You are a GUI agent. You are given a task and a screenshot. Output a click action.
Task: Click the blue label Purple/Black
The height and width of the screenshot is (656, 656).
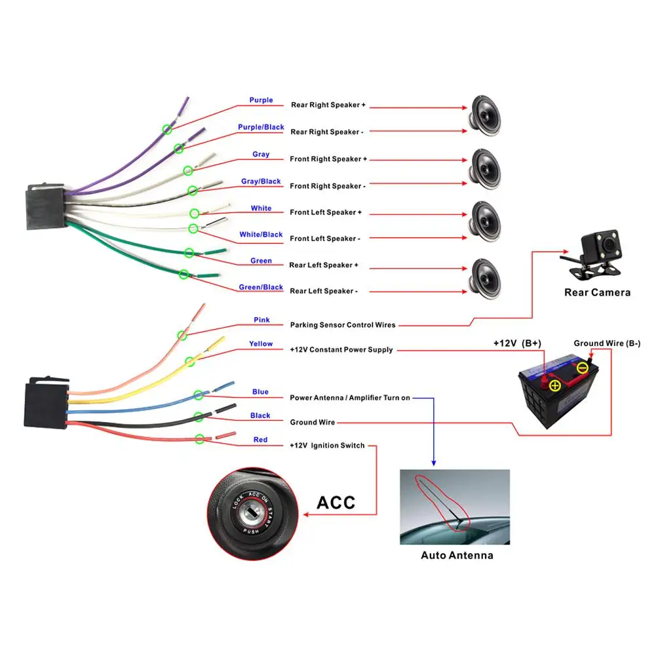pyautogui.click(x=261, y=127)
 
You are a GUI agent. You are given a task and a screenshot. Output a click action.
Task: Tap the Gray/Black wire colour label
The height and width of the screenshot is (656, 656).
pyautogui.click(x=261, y=182)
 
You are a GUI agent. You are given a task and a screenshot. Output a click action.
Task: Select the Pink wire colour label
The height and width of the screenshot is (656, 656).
pyautogui.click(x=261, y=320)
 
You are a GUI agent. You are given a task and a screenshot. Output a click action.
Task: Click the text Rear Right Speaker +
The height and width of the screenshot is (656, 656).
pyautogui.click(x=328, y=105)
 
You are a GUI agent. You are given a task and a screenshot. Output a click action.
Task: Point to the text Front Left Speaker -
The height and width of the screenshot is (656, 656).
pyautogui.click(x=325, y=239)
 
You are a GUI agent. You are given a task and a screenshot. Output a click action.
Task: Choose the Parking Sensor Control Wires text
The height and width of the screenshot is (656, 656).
pyautogui.click(x=343, y=325)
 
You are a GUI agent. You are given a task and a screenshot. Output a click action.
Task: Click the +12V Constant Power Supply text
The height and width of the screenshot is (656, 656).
pyautogui.click(x=341, y=350)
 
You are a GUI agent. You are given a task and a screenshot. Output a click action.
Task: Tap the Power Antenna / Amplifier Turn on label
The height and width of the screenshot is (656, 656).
pyautogui.click(x=350, y=398)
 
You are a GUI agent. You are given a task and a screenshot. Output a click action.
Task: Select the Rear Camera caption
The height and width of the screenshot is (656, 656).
pyautogui.click(x=597, y=292)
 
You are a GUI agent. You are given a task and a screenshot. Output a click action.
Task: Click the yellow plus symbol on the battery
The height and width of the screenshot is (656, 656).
pyautogui.click(x=555, y=385)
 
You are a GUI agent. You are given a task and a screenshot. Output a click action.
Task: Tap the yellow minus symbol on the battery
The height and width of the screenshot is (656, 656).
pyautogui.click(x=582, y=368)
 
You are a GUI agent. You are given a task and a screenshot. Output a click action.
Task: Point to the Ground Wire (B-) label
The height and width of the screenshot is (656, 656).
pyautogui.click(x=607, y=343)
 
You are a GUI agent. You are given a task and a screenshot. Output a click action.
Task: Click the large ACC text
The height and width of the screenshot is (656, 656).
pyautogui.click(x=336, y=503)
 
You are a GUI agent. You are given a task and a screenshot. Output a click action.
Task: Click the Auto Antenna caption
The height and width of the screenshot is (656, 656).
pyautogui.click(x=457, y=555)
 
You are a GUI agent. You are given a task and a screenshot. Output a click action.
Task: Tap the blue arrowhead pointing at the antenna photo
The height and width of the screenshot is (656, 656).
pyautogui.click(x=433, y=463)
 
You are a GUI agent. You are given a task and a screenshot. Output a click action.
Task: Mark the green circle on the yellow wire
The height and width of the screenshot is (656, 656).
pyautogui.click(x=189, y=361)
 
